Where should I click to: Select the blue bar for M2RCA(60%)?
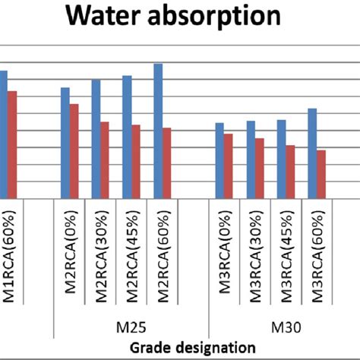click(x=158, y=131)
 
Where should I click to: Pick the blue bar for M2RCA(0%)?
click(x=65, y=143)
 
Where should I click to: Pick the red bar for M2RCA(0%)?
click(x=74, y=151)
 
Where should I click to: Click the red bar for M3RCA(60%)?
click(x=321, y=174)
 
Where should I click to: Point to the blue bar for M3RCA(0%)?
click(x=219, y=160)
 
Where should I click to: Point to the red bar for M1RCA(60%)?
click(x=12, y=144)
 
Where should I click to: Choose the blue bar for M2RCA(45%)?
click(x=127, y=137)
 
